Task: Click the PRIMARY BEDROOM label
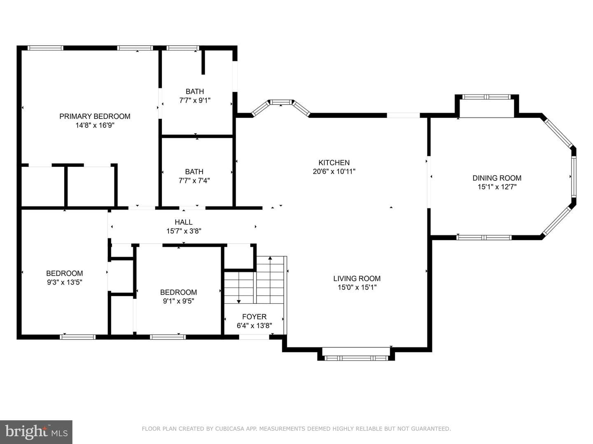[x=95, y=116]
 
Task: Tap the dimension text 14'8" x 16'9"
[x=95, y=125]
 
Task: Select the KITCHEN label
[x=334, y=162]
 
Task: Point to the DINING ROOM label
[x=497, y=178]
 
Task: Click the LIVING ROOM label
[x=357, y=278]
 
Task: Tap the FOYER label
[x=254, y=317]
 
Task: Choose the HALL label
[x=184, y=222]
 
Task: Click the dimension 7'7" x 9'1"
[x=195, y=101]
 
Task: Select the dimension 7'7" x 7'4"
[x=194, y=180]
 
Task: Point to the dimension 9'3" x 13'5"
[x=65, y=282]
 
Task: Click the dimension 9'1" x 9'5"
[x=178, y=301]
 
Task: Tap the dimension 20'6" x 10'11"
[x=334, y=172]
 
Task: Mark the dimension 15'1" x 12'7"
[x=497, y=187]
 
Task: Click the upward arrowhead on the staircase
[x=270, y=258]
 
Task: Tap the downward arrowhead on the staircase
[x=239, y=302]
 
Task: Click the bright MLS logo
[x=36, y=432]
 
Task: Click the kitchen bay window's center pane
[x=281, y=102]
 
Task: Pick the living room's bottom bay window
[x=356, y=358]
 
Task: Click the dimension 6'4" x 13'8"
[x=254, y=326]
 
